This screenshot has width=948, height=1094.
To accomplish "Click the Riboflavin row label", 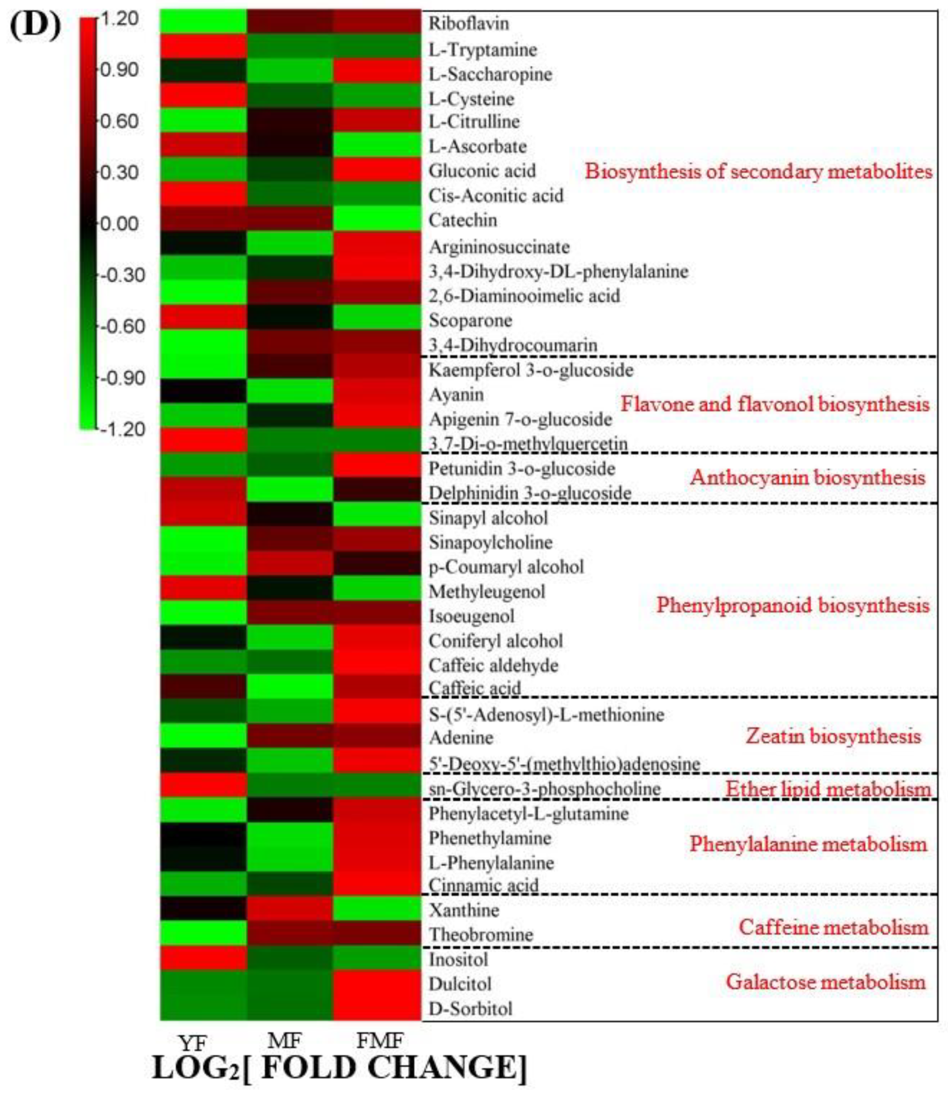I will coord(468,24).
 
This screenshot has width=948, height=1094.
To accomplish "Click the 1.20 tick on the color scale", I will coord(119,19).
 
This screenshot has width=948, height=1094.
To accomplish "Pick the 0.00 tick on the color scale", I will coord(119,224).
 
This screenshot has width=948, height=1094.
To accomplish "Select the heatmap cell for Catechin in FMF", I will coord(377,219).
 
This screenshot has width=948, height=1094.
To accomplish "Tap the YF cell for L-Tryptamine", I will coord(204,48).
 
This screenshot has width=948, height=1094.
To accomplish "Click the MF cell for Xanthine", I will coord(290,910).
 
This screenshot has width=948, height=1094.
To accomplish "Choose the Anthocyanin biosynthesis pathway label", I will coord(807,478).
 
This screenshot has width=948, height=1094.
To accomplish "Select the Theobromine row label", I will coord(480,935).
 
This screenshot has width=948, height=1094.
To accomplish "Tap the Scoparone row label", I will coord(470,320).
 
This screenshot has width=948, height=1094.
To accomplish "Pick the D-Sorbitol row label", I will coord(470,1009).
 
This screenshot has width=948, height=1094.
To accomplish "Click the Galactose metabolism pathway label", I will coord(825,982).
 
